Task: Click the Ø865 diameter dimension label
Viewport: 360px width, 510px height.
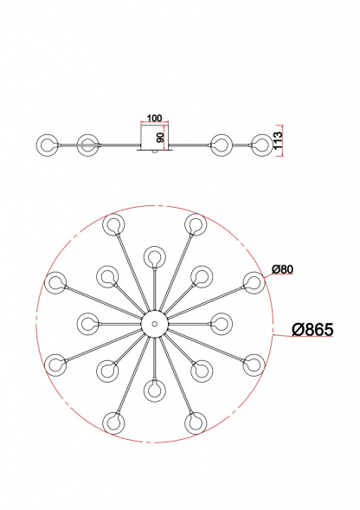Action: pyautogui.click(x=312, y=330)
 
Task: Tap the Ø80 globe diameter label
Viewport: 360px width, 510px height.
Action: pyautogui.click(x=282, y=269)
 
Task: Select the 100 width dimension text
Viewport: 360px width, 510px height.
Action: pyautogui.click(x=154, y=118)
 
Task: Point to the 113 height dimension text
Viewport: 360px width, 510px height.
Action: pyautogui.click(x=278, y=140)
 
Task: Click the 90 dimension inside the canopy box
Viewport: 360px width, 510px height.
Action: pyautogui.click(x=160, y=137)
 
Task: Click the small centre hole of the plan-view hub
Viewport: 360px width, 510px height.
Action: pyautogui.click(x=155, y=324)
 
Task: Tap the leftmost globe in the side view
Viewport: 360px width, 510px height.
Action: pyautogui.click(x=47, y=145)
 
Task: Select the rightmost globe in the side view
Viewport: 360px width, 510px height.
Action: pyautogui.click(x=262, y=145)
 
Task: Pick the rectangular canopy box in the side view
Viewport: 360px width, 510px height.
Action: pyautogui.click(x=155, y=137)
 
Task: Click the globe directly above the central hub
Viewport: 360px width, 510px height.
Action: pyautogui.click(x=155, y=257)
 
